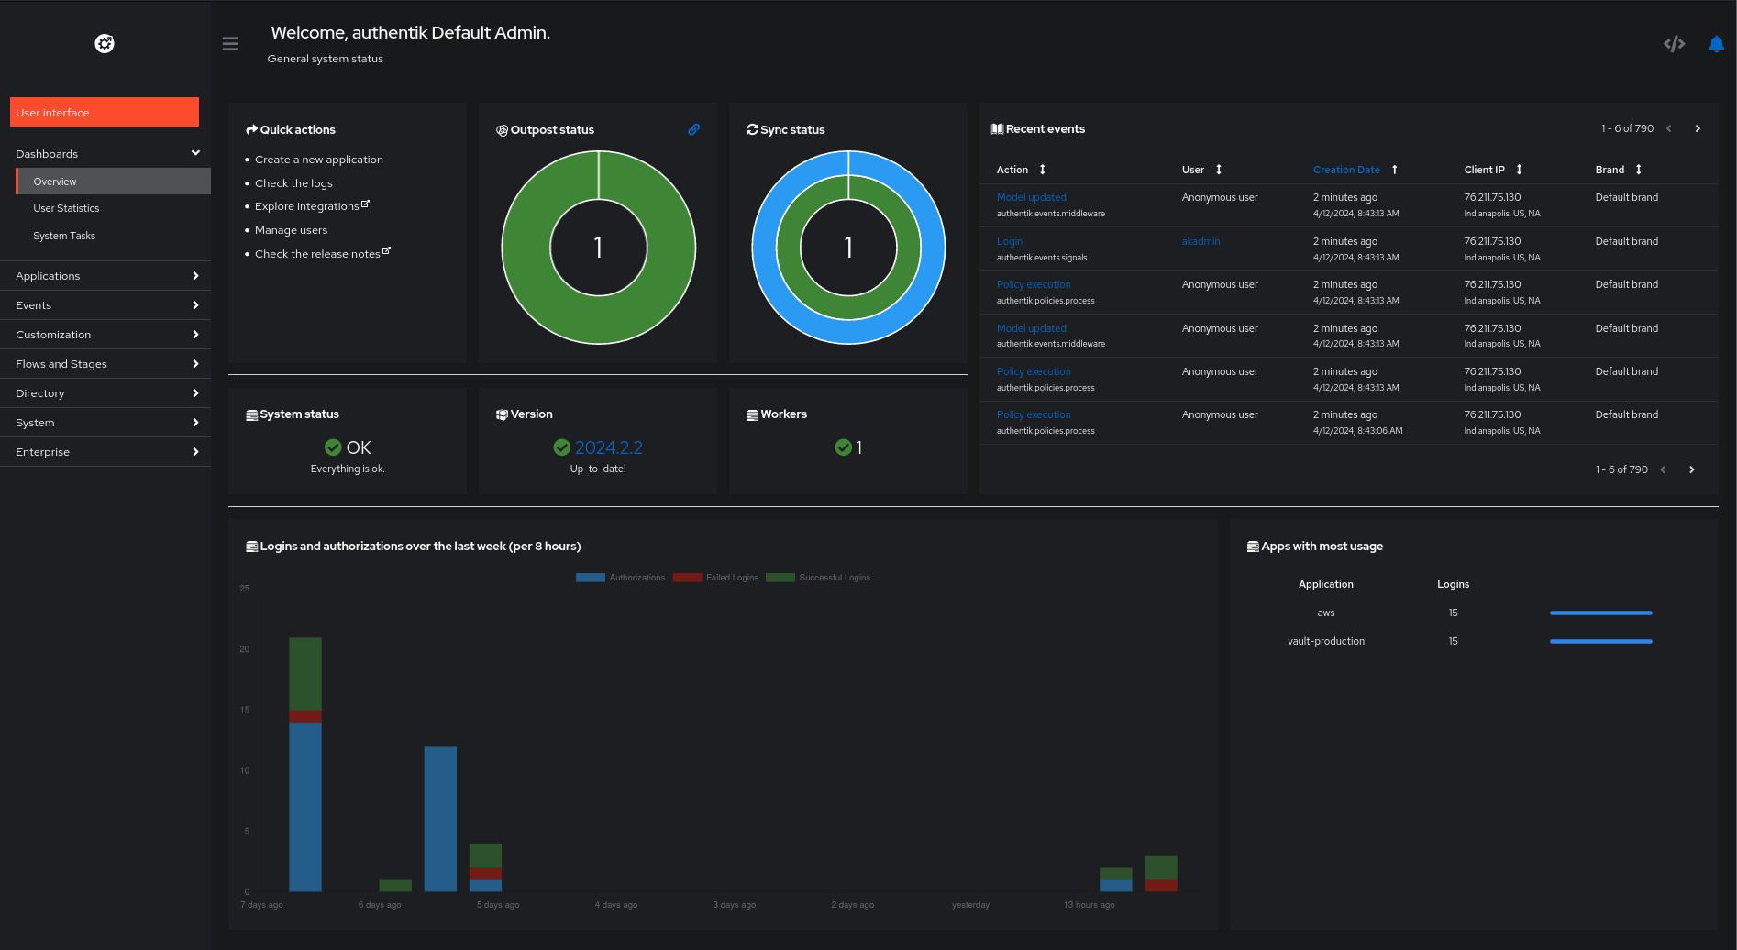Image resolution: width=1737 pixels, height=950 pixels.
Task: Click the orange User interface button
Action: click(x=104, y=112)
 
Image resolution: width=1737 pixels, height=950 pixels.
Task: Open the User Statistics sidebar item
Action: click(x=66, y=208)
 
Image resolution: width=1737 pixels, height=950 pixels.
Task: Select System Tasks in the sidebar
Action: click(x=64, y=236)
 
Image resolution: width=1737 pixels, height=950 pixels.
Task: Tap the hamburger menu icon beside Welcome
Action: click(x=230, y=43)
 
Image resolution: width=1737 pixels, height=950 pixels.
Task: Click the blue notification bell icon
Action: click(x=1716, y=43)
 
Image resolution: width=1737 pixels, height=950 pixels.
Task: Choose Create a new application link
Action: click(x=318, y=160)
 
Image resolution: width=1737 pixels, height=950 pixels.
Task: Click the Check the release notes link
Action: click(x=317, y=254)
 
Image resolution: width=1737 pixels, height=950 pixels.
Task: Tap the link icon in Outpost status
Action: click(x=693, y=129)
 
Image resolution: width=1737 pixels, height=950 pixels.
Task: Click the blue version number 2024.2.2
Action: click(x=608, y=447)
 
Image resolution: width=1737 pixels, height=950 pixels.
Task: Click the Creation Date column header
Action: click(x=1345, y=170)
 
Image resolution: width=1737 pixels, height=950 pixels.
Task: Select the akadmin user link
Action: click(x=1200, y=241)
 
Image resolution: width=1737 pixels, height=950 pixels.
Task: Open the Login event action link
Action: click(x=1009, y=241)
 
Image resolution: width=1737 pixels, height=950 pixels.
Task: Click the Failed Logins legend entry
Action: click(x=731, y=578)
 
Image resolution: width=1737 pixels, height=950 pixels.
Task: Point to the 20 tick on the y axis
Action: click(x=245, y=649)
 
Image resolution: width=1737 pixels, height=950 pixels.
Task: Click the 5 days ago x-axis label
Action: click(x=498, y=905)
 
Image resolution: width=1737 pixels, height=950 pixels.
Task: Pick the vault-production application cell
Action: click(x=1325, y=641)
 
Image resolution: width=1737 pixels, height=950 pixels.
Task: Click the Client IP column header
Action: click(x=1484, y=170)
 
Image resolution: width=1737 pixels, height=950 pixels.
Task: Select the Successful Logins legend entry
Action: click(x=833, y=578)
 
